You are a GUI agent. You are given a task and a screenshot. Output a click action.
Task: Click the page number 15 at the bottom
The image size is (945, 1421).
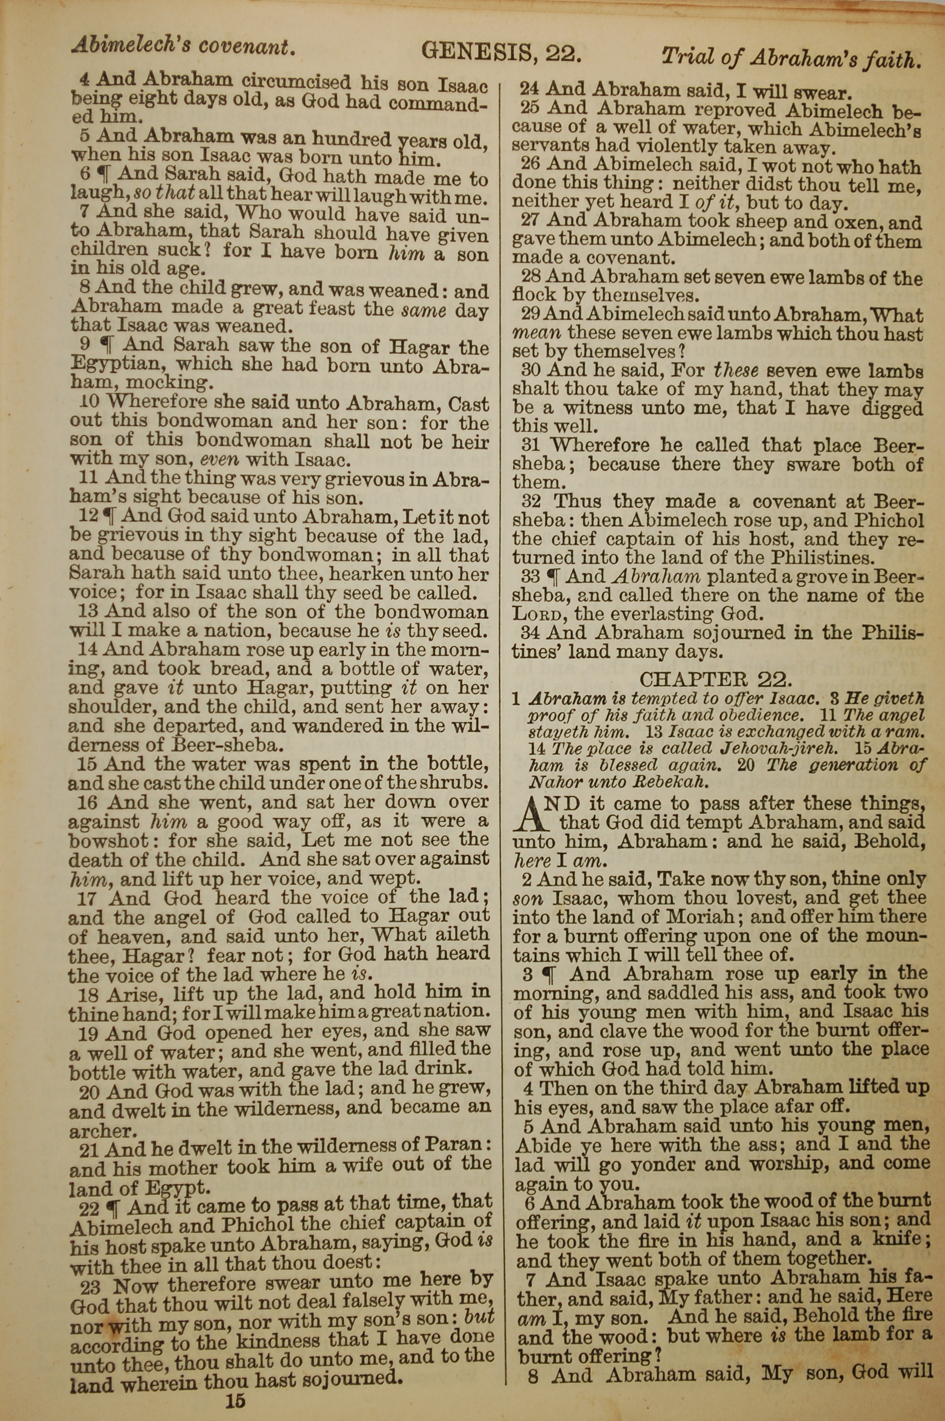point(236,1384)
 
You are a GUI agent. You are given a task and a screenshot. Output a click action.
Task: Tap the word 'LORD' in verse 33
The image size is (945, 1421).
point(538,615)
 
